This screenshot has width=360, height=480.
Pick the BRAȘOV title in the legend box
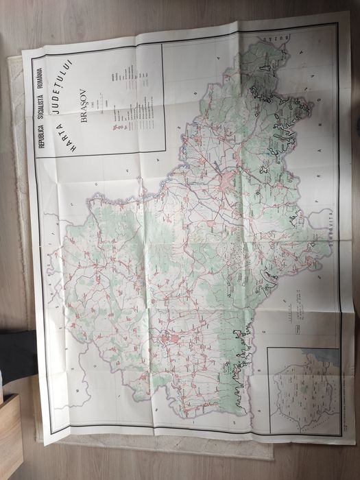pyautogui.click(x=84, y=106)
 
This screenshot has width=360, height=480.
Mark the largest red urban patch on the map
pyautogui.click(x=229, y=181)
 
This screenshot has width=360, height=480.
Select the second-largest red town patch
pyautogui.click(x=169, y=339)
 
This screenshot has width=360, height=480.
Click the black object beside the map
pyautogui.click(x=16, y=352)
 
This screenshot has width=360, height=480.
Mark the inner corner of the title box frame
pyautogui.click(x=162, y=150)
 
